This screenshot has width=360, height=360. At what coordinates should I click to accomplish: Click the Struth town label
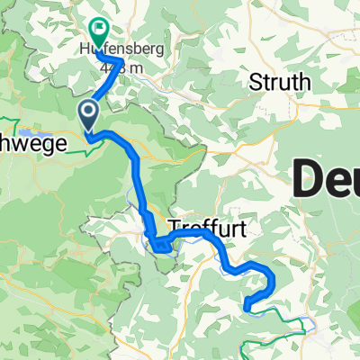[x=280, y=83]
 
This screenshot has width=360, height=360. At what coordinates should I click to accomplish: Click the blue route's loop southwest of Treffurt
[x=158, y=243]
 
